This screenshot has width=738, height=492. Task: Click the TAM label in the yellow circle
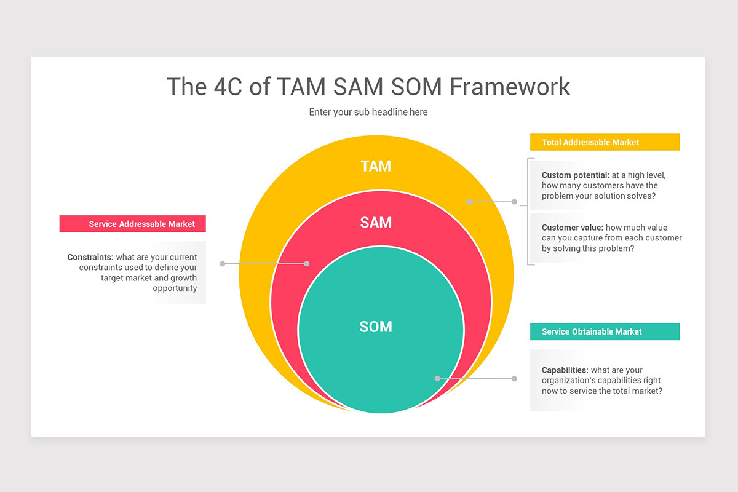376,166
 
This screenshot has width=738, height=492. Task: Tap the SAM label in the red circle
376,222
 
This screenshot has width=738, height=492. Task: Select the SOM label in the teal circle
376,327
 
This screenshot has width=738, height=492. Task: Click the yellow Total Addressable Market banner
605,142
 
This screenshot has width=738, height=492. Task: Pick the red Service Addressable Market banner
132,224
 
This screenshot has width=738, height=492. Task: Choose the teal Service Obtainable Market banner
605,331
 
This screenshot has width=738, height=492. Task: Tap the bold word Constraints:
90,257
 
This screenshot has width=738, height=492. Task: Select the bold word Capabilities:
565,370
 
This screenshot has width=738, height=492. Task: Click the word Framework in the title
510,87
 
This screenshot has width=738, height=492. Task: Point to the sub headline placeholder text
368,112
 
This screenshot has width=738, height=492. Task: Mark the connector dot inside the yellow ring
469,201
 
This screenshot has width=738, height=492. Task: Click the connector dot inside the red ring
307,264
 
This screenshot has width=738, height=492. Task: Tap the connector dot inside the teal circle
437,379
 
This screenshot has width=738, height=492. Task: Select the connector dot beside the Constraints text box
222,264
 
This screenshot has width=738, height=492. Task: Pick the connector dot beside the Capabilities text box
514,379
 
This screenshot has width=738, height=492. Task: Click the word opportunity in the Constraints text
175,288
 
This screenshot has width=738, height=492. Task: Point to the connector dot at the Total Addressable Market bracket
514,201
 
